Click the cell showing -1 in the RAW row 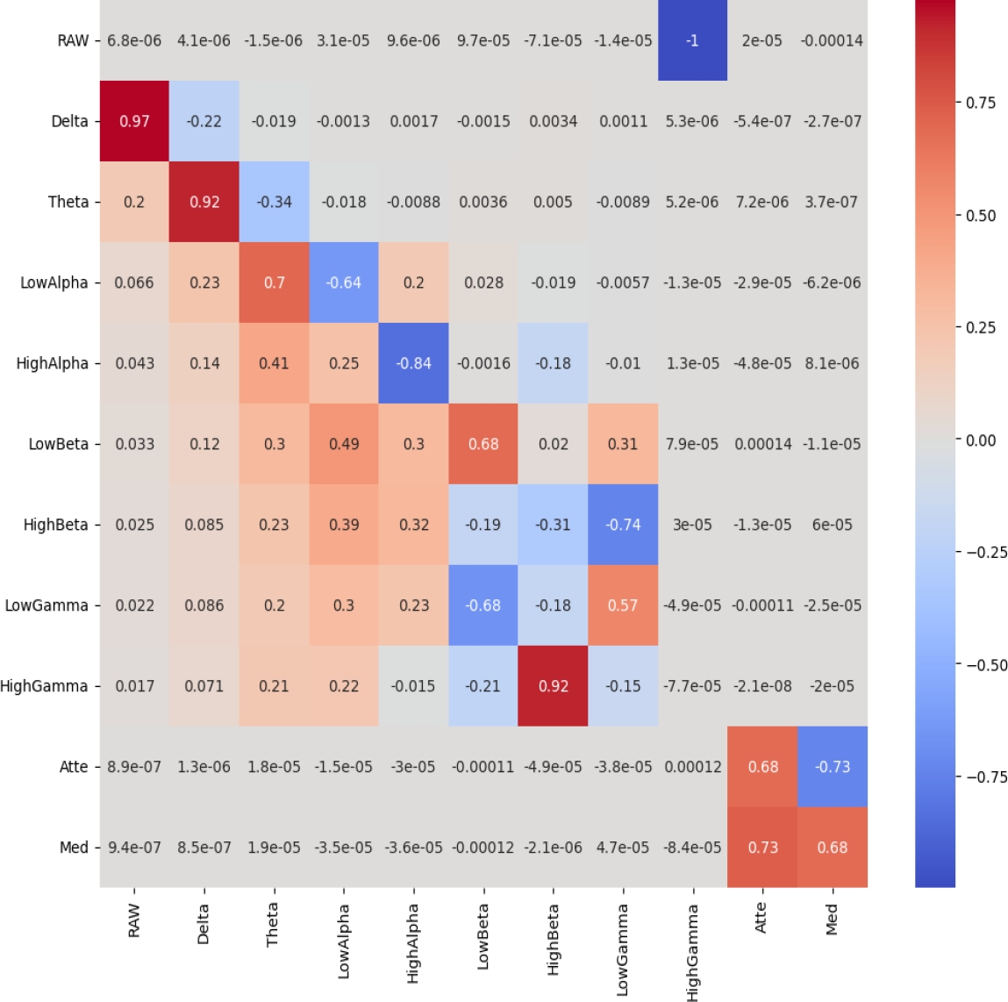coord(692,40)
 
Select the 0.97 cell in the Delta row coord(134,121)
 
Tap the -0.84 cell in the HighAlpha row coord(413,363)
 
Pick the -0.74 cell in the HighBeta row coord(623,525)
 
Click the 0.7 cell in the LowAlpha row coord(274,283)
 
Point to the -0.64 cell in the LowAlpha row coord(344,283)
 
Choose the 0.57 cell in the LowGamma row coord(623,605)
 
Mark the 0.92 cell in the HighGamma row coord(553,686)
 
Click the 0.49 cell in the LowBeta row coord(344,444)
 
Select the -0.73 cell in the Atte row coord(832,767)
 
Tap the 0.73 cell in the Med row coord(762,848)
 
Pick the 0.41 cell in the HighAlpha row coord(274,363)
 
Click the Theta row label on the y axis coord(68,202)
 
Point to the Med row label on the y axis coord(74,848)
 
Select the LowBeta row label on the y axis coord(59,444)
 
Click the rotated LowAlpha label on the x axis coord(344,941)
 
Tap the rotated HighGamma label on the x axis coord(693,953)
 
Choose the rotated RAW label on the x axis coord(134,921)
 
